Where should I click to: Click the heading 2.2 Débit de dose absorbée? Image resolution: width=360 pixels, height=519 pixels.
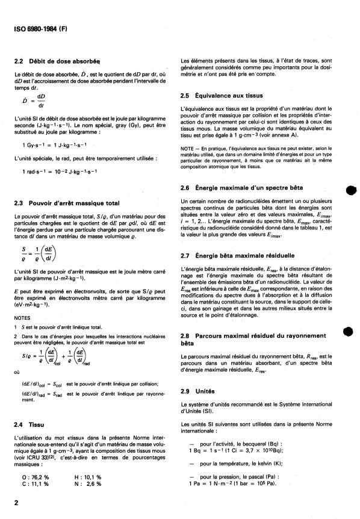pos(57,61)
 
